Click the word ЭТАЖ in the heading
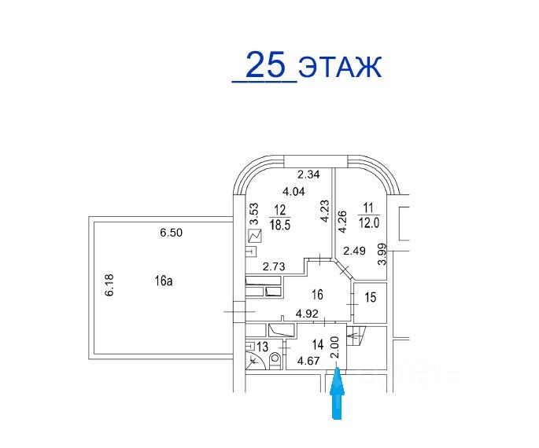pos(340,67)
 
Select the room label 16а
pos(163,281)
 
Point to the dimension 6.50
pos(171,233)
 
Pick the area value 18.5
pos(279,224)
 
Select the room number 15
pos(371,296)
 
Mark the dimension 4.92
pos(308,314)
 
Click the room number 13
pos(262,347)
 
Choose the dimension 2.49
pos(355,252)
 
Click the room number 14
pos(318,344)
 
